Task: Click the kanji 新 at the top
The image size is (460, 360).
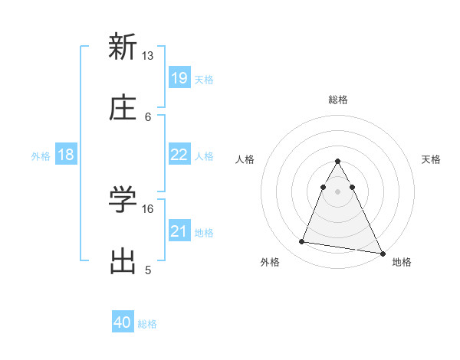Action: (x=123, y=47)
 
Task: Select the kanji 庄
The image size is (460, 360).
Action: (x=123, y=108)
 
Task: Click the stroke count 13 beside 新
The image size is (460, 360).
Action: (x=147, y=56)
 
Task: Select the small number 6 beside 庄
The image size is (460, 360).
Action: (x=148, y=116)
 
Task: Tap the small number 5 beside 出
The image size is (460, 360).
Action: (x=148, y=270)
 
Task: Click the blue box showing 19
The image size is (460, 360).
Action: (x=179, y=78)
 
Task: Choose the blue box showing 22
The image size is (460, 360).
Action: (x=179, y=155)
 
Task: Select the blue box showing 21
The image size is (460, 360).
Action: (x=179, y=231)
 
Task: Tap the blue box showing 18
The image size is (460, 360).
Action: (x=66, y=155)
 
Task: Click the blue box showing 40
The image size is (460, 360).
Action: (x=123, y=323)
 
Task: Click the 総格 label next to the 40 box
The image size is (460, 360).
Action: (x=147, y=324)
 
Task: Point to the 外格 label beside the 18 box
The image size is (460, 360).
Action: (x=41, y=155)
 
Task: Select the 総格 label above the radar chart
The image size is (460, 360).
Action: (x=338, y=100)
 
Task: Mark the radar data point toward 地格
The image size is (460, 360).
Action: (x=382, y=254)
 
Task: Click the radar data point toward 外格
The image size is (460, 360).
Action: (x=301, y=242)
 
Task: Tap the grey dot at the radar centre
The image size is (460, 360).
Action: (x=338, y=190)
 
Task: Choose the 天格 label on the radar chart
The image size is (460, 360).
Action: (x=431, y=159)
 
